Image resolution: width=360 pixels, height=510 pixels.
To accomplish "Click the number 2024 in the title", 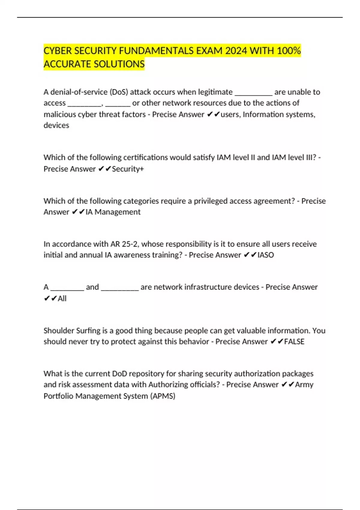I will coord(236,51).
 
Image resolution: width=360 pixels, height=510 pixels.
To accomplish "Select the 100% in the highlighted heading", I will coord(289,51).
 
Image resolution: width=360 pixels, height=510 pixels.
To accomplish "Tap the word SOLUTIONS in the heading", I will coord(119,64).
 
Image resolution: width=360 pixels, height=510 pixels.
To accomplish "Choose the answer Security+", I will coord(128,169).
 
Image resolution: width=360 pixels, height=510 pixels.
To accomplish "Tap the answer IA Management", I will coord(113,212).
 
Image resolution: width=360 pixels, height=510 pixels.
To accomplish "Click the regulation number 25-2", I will coord(130,244).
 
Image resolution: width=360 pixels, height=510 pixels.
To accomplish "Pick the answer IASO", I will coord(265,255).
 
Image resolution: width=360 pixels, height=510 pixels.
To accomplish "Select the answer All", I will coord(62,298).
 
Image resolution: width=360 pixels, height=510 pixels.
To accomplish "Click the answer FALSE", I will coord(294,342).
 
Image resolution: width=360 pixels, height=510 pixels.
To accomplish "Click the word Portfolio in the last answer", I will coord(58,396).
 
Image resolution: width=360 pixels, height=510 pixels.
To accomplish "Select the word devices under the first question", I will coord(56,125).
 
